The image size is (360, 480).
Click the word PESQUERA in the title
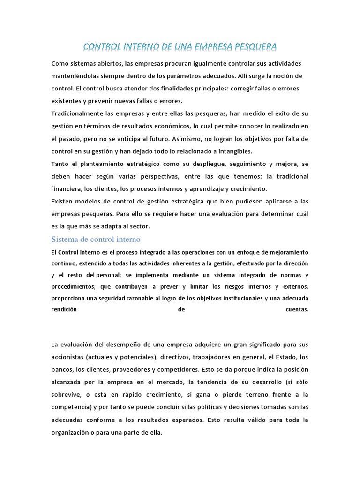click(253, 46)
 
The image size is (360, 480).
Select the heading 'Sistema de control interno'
click(96, 239)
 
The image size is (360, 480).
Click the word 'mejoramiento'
click(287, 252)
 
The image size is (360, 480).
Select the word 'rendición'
click(64, 309)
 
